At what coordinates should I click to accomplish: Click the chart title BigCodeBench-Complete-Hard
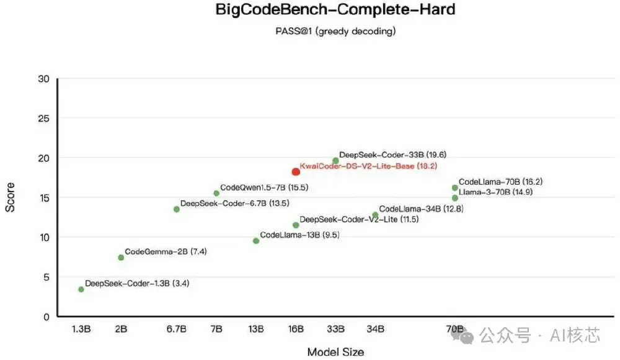(335, 11)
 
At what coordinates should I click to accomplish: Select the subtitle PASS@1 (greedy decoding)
(335, 30)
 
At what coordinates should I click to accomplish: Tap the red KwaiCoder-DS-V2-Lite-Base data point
(296, 172)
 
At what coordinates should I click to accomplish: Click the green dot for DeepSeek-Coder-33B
(335, 160)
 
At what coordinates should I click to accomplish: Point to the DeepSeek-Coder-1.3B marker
(81, 289)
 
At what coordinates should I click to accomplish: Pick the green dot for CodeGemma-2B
(121, 257)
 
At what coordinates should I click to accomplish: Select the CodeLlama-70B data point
(454, 188)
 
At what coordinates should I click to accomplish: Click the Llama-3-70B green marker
(454, 198)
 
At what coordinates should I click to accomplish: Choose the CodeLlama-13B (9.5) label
(299, 235)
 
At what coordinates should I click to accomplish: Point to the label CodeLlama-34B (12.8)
(421, 209)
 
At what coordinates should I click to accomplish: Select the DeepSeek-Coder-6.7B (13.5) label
(234, 203)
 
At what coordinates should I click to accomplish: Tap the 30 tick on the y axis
(43, 79)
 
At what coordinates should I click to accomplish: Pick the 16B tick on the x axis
(296, 328)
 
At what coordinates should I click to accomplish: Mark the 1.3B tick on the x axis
(81, 328)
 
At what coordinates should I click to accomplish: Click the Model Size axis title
(335, 352)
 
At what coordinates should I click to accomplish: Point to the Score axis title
(11, 198)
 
